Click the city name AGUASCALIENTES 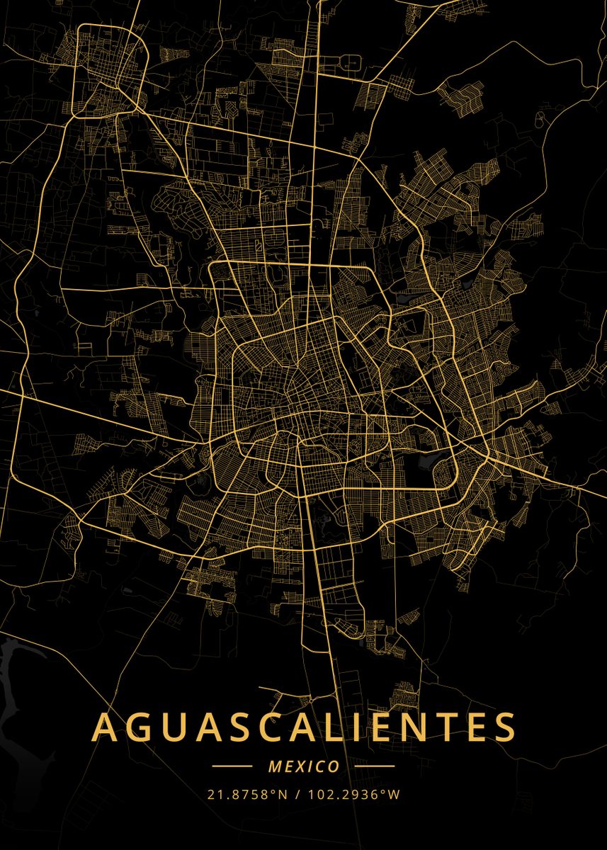pos(303,727)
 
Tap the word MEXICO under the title pos(303,766)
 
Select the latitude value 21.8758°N pos(247,794)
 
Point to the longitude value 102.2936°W pos(353,794)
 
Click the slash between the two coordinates pos(298,794)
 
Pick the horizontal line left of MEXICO pos(232,766)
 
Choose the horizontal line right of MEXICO pos(375,766)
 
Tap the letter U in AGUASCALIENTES pos(175,727)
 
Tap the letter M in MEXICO pos(276,766)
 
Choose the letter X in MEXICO pos(298,766)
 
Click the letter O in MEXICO pos(333,766)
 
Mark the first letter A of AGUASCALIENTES pos(105,727)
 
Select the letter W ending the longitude pos(395,794)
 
